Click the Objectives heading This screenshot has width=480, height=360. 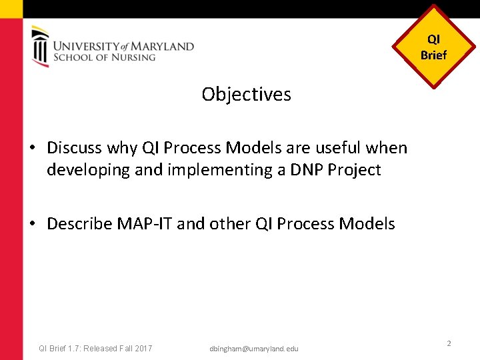246,95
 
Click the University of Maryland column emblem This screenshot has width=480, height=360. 40,46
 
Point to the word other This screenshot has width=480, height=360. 230,224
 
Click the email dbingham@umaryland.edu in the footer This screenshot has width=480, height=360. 254,349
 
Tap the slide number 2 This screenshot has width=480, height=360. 449,343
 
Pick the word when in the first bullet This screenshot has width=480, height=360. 385,147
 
